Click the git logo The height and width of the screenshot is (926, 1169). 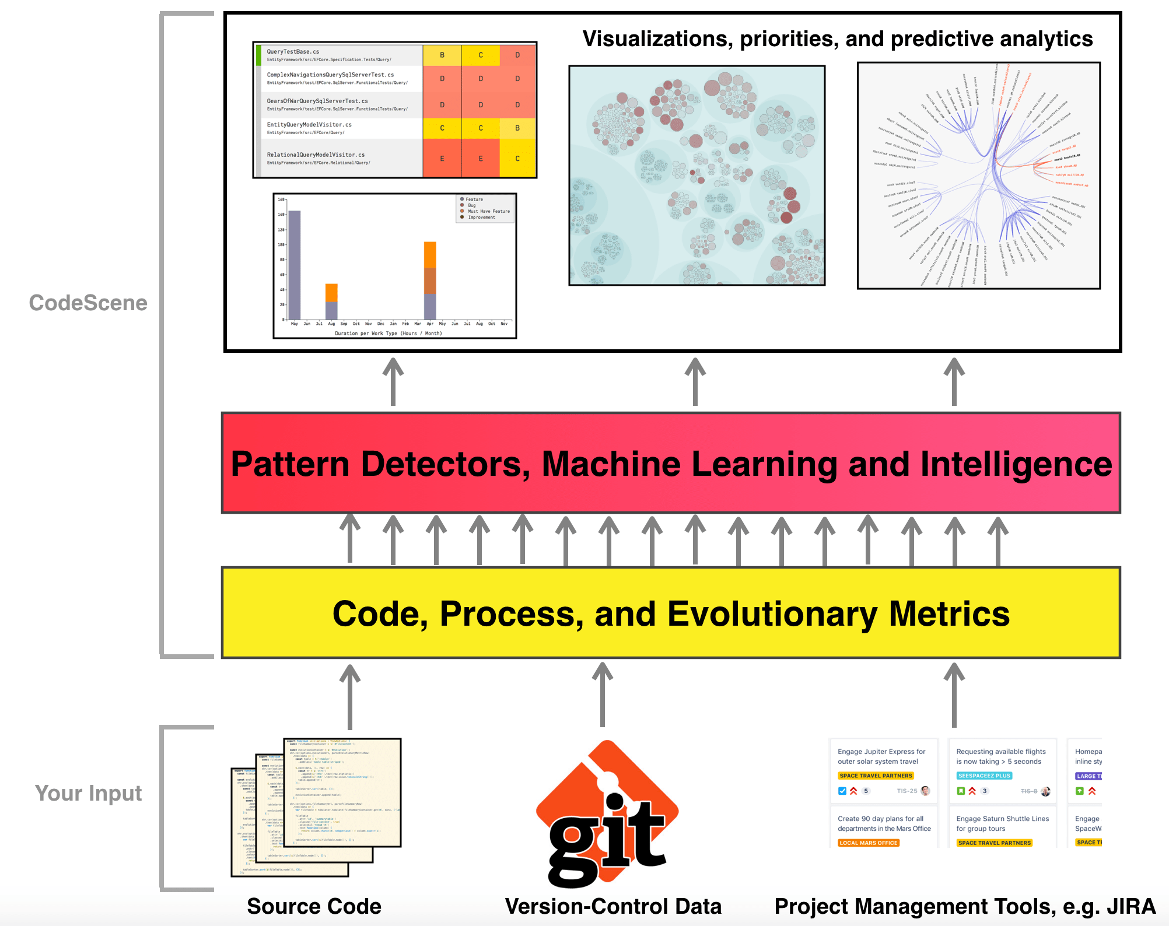(x=607, y=816)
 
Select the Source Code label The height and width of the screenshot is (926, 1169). (x=314, y=906)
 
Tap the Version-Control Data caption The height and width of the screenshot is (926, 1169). (x=613, y=906)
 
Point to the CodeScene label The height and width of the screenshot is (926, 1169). (x=88, y=303)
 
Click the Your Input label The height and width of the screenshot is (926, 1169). (x=88, y=793)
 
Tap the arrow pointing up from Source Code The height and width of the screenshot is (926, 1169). (x=350, y=697)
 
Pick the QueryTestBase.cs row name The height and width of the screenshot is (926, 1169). (x=293, y=52)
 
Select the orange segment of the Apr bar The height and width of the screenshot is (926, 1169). (x=430, y=254)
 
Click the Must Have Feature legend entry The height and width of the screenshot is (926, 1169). (x=488, y=211)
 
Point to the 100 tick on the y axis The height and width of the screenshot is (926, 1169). (x=281, y=245)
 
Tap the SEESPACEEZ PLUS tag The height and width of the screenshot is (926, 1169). (x=984, y=776)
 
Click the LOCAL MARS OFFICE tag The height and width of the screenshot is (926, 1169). (x=868, y=843)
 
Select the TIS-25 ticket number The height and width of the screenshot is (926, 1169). (x=907, y=791)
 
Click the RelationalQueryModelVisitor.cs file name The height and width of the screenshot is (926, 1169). (x=316, y=155)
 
